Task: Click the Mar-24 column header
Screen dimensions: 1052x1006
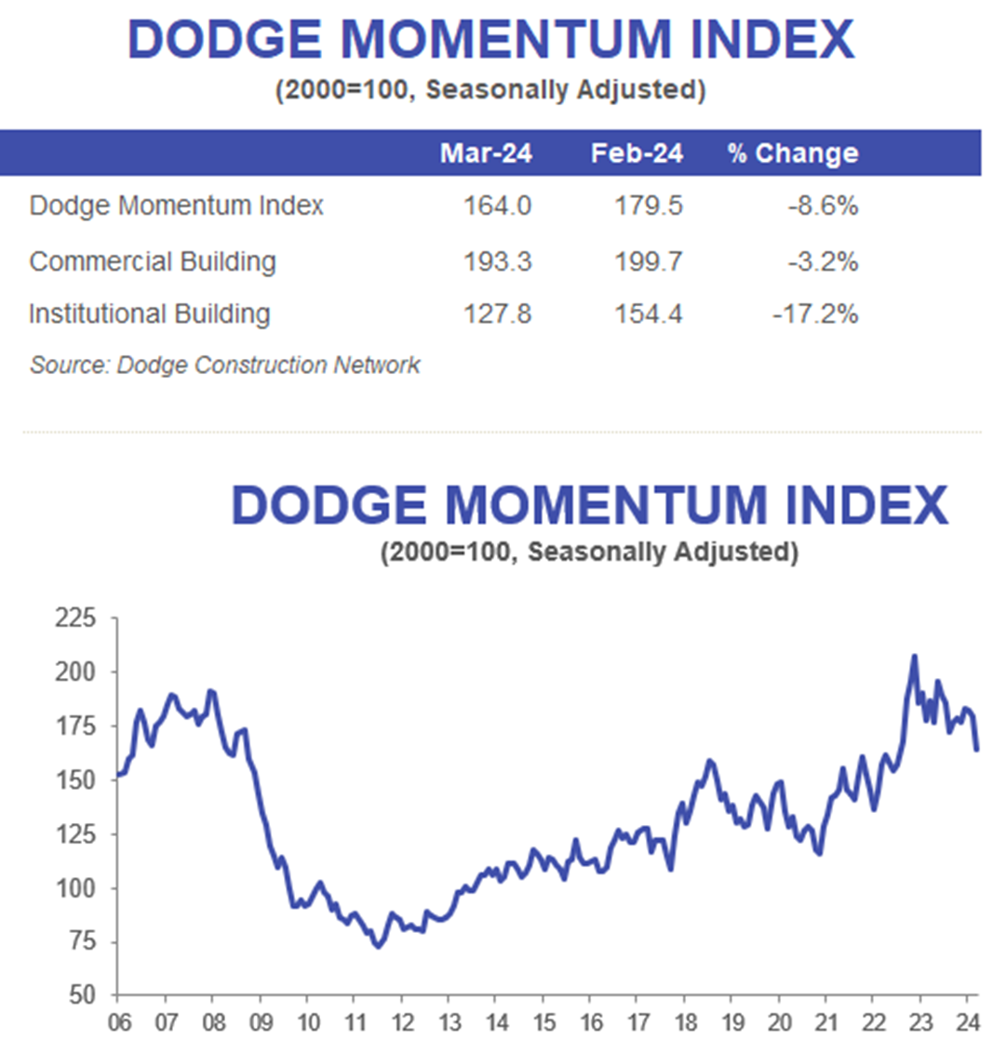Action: coord(486,153)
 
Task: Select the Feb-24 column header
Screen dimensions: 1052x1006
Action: coord(637,153)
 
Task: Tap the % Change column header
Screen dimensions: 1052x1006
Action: coord(792,153)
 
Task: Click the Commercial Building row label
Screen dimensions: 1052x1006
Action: coord(153,261)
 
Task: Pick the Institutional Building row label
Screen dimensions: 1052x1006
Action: coord(149,314)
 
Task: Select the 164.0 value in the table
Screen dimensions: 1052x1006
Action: coord(497,206)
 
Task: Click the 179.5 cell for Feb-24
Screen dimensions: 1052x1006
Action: coord(648,206)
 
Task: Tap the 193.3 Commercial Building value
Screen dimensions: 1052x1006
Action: coord(497,261)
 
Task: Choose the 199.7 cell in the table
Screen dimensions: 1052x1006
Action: coord(648,261)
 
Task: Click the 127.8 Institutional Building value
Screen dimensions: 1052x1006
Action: coord(497,314)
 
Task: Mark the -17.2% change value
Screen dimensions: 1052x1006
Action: coord(814,314)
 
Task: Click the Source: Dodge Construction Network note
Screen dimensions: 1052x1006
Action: coord(224,365)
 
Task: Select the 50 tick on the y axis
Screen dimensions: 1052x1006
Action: coord(81,995)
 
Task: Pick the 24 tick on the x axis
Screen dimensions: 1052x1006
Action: coord(967,1022)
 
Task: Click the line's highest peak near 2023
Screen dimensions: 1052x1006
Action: coord(914,657)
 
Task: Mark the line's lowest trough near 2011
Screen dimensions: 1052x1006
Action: coord(378,946)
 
